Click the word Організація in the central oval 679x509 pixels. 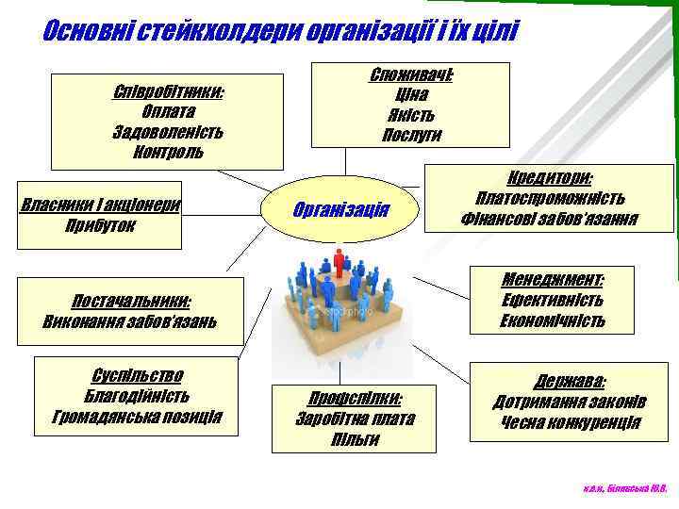tap(341, 208)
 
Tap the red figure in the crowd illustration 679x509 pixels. tap(339, 260)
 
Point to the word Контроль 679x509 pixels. tap(168, 151)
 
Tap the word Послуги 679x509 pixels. tap(410, 135)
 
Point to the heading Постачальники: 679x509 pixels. tap(131, 302)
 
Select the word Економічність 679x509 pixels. tap(553, 321)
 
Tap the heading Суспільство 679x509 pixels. tap(138, 375)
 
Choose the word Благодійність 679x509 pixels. tap(138, 395)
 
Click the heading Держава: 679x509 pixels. tap(571, 381)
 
